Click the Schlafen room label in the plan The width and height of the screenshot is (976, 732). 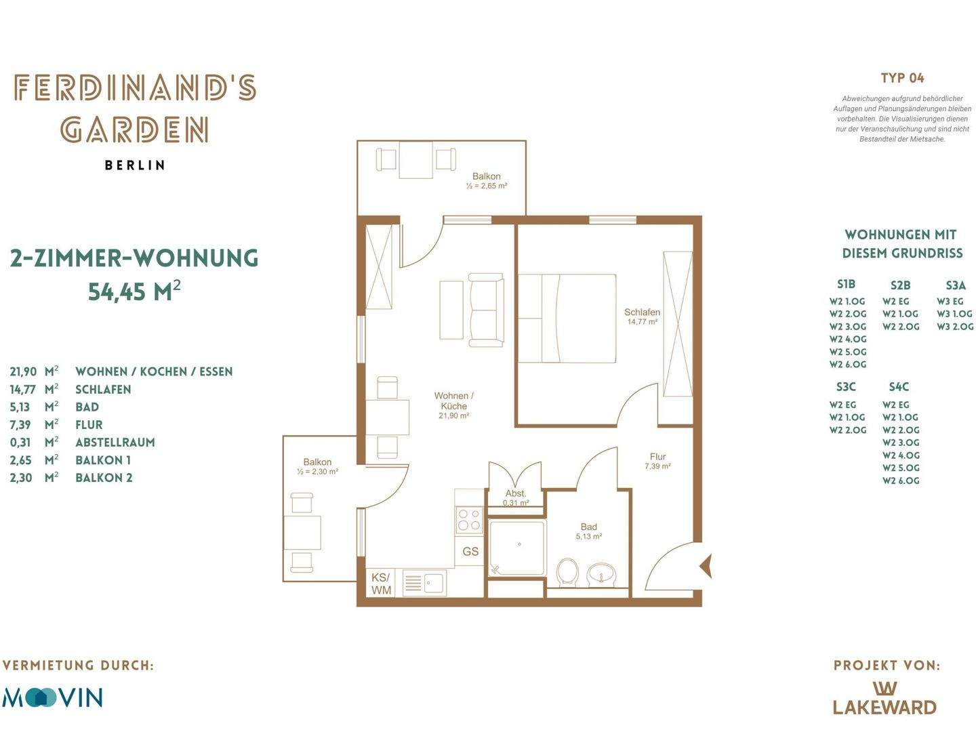point(642,312)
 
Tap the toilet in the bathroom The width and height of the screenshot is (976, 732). point(567,571)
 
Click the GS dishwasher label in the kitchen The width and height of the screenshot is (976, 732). point(470,552)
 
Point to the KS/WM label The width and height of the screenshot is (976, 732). point(381,584)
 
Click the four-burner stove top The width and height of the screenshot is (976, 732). point(469,519)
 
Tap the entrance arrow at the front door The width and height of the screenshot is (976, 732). point(706,566)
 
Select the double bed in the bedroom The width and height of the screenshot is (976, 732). point(567,319)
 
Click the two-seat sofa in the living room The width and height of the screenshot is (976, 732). point(486,310)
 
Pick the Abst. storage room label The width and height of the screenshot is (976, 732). point(516,493)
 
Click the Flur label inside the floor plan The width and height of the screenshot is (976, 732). point(657,456)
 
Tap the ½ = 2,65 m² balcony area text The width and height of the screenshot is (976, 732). point(487,186)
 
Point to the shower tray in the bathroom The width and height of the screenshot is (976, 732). point(517,549)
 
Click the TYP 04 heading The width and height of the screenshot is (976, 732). point(902,78)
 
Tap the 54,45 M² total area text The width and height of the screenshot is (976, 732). point(134,291)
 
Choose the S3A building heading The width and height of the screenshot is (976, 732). point(955,285)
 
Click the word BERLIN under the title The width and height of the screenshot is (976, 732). point(135,165)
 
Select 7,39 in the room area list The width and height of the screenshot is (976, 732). point(20,425)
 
